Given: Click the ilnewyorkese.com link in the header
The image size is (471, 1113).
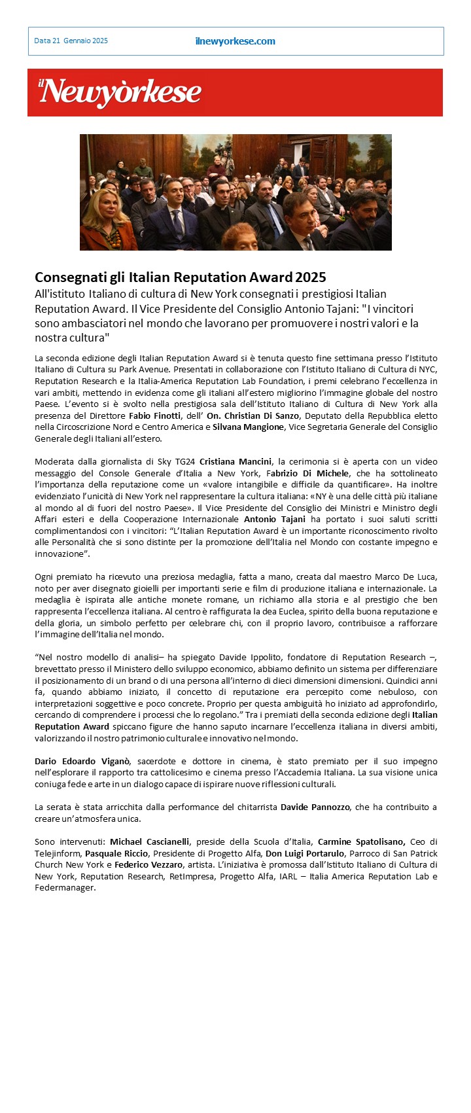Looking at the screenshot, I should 235,41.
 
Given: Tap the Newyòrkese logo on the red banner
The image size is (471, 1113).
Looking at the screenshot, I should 119,92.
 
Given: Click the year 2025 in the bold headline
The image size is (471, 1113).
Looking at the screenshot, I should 311,277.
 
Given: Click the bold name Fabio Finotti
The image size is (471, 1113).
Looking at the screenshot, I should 154,416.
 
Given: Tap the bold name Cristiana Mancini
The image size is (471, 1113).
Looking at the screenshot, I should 235,462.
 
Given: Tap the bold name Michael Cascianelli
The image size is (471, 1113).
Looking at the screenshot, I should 150,842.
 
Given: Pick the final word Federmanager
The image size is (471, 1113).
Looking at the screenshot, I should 65,888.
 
